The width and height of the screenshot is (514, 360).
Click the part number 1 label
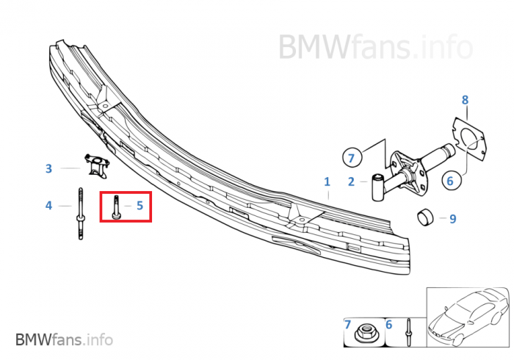pos(327,181)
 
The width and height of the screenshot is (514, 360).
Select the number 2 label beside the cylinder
pos(351,181)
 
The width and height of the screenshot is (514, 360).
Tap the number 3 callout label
pos(48,168)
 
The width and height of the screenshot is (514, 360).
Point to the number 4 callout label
pos(48,206)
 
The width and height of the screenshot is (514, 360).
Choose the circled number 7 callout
pos(351,157)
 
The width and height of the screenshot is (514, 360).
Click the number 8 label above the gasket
pos(464,99)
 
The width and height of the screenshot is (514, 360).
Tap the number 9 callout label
pos(452,218)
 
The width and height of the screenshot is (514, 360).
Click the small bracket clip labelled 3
pos(96,165)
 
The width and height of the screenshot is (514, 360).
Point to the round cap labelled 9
pos(425,218)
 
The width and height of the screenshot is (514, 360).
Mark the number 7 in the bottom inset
pos(347,323)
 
